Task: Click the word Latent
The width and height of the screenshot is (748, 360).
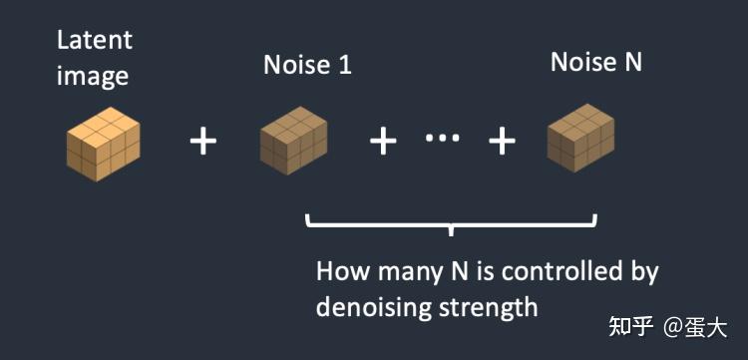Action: point(94,41)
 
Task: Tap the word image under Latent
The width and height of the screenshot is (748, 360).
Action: point(94,76)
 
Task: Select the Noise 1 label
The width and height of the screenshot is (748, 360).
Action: point(307,66)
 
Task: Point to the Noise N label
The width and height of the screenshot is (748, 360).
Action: point(595,62)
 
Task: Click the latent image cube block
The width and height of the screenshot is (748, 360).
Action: point(103,145)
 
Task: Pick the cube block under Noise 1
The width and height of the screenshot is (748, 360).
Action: point(294,144)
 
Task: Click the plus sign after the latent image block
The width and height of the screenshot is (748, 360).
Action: point(203,142)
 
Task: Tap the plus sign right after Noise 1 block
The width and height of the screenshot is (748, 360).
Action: point(384,142)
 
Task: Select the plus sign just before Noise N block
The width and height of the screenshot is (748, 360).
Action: point(502,142)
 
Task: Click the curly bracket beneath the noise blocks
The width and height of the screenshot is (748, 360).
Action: point(452,223)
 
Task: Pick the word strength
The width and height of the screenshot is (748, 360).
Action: point(489,307)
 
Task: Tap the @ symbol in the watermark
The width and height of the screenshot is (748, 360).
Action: point(674,327)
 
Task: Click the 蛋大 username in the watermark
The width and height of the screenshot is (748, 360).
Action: point(707,327)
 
